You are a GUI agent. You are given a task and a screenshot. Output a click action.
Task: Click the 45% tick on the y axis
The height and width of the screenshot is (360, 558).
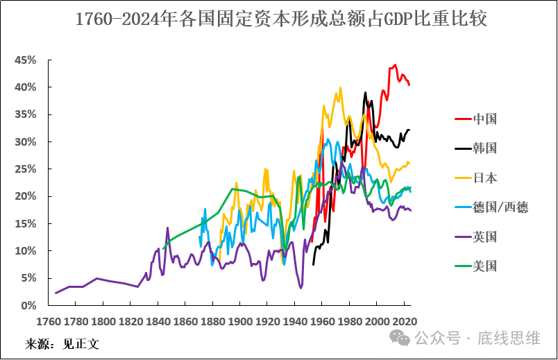[26, 60]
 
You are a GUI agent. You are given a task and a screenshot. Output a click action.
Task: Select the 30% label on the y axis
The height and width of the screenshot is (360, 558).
[26, 142]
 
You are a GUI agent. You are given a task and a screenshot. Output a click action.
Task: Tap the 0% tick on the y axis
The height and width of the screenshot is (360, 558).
[28, 305]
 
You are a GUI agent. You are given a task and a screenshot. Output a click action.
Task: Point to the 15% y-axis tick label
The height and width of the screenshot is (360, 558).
[26, 223]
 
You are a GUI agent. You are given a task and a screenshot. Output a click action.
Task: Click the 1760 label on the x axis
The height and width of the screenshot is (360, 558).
[48, 322]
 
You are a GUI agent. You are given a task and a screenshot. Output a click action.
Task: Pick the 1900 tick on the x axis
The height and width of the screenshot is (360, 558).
[239, 322]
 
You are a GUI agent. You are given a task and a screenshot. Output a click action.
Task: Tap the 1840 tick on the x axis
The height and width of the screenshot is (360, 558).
[158, 322]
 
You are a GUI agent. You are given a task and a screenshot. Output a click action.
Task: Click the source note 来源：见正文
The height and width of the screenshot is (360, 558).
[62, 343]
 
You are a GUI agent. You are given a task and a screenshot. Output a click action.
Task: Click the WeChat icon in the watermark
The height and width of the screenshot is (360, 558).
[399, 338]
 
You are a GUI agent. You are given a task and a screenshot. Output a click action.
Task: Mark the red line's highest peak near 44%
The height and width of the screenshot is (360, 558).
[395, 65]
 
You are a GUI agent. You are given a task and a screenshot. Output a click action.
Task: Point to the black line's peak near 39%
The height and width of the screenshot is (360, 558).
[365, 92]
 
